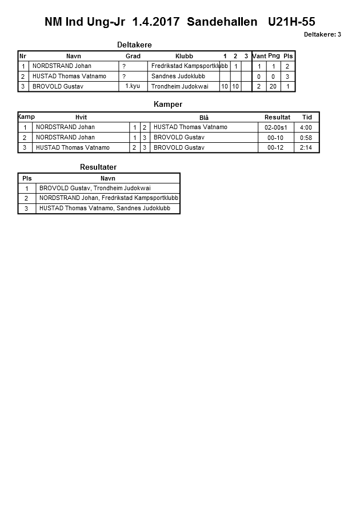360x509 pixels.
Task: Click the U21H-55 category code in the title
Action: pos(291,22)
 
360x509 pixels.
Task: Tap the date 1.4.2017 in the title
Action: pos(156,22)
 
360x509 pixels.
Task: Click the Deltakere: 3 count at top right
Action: pos(322,34)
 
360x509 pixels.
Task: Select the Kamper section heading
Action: pos(168,105)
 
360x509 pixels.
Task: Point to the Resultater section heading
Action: pos(98,167)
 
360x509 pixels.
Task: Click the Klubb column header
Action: pos(184,56)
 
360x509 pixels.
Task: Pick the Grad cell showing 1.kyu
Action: pos(133,86)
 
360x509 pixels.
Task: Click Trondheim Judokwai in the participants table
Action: pos(180,86)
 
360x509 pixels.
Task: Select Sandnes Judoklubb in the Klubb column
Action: pos(178,76)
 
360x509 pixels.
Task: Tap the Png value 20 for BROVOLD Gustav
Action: pos(273,86)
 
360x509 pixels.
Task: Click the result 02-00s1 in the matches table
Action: pos(277,127)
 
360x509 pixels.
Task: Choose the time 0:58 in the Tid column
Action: pos(306,138)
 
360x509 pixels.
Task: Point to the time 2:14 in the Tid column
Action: pos(306,148)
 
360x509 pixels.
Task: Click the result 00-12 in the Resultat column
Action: pos(275,148)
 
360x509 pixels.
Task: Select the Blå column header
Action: pos(204,118)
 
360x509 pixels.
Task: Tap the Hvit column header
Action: pos(81,117)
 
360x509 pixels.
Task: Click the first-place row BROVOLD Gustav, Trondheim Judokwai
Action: pos(95,188)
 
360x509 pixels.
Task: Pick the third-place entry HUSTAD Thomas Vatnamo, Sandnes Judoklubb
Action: pos(105,209)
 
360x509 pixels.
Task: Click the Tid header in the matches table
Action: pos(307,117)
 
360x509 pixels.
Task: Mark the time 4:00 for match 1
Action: pos(306,127)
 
